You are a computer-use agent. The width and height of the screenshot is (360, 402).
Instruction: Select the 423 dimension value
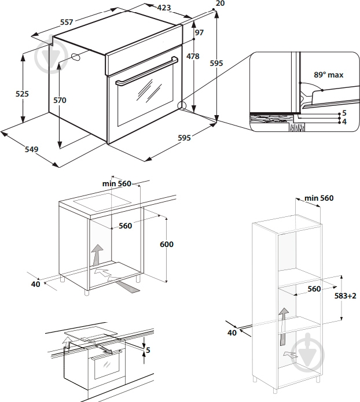tap(164, 8)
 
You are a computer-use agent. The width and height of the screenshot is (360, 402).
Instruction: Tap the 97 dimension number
tap(199, 33)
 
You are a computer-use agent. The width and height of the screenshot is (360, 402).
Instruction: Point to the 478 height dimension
tap(193, 57)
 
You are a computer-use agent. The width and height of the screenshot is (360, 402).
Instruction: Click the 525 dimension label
tap(22, 94)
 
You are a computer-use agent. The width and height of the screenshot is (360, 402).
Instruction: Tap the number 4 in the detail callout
tap(344, 121)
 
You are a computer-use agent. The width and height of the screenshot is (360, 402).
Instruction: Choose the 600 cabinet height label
tap(166, 244)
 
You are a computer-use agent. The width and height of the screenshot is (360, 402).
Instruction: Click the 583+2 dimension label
tap(345, 296)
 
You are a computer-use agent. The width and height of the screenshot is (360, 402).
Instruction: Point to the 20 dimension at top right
tap(219, 4)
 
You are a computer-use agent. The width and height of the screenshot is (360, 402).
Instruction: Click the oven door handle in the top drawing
tap(147, 71)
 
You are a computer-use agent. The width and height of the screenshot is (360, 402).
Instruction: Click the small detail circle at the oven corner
tap(182, 106)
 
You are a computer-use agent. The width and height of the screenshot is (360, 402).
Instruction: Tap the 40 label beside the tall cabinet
tap(232, 333)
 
